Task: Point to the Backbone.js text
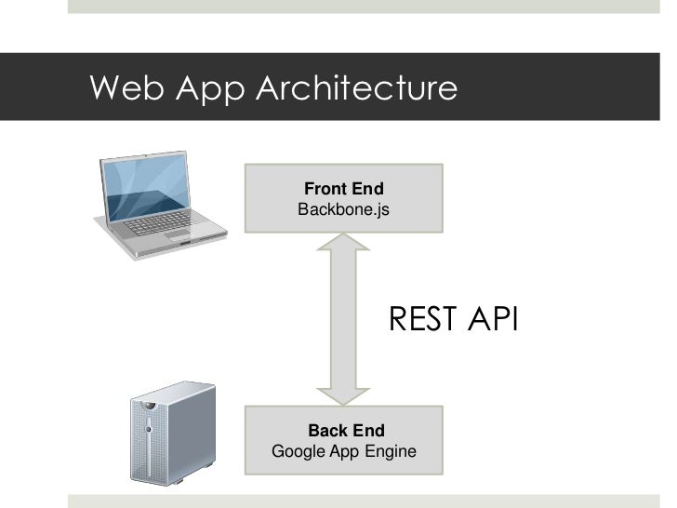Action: (x=342, y=210)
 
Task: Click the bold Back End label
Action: (x=346, y=431)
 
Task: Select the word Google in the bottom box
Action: (x=295, y=452)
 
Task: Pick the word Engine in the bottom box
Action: (x=391, y=452)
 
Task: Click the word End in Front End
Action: (x=368, y=190)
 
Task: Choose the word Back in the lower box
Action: (x=326, y=431)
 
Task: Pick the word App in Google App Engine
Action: (x=342, y=452)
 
